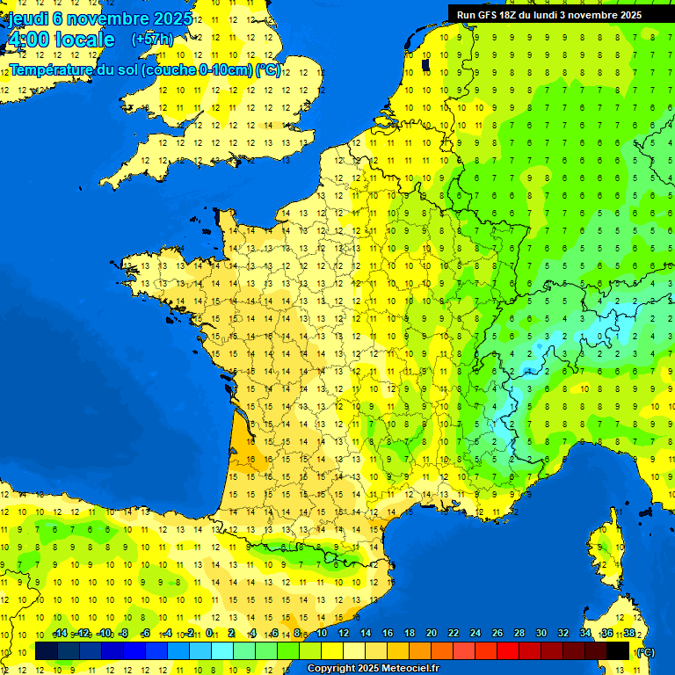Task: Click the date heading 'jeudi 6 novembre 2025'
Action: pos(100,18)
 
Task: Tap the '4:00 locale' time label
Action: pos(61,40)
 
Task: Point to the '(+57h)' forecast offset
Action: pos(152,39)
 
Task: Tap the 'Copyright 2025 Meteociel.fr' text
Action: pos(373,668)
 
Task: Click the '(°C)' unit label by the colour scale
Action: pos(644,651)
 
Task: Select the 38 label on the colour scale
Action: pos(628,633)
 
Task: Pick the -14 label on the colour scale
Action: pos(61,633)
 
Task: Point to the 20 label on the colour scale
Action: pos(431,633)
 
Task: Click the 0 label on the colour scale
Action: pos(209,633)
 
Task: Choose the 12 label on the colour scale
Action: pos(343,633)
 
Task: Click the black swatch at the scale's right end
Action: pos(618,650)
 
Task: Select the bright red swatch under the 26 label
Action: pos(508,650)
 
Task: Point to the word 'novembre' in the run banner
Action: pos(593,14)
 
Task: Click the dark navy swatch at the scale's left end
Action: pos(47,650)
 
